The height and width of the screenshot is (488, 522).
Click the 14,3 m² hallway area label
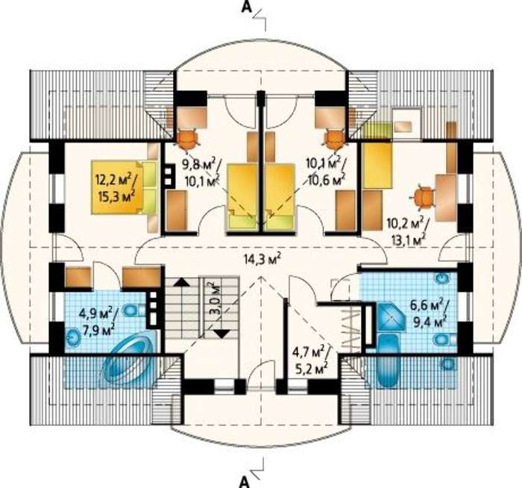pos(260,260)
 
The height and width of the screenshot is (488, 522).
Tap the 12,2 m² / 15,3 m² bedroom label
pos(114,187)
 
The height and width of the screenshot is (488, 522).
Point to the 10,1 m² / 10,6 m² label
pos(326,170)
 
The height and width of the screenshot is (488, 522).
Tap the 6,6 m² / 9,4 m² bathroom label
pos(428,314)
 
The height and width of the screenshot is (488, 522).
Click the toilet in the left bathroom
pos(131,310)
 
